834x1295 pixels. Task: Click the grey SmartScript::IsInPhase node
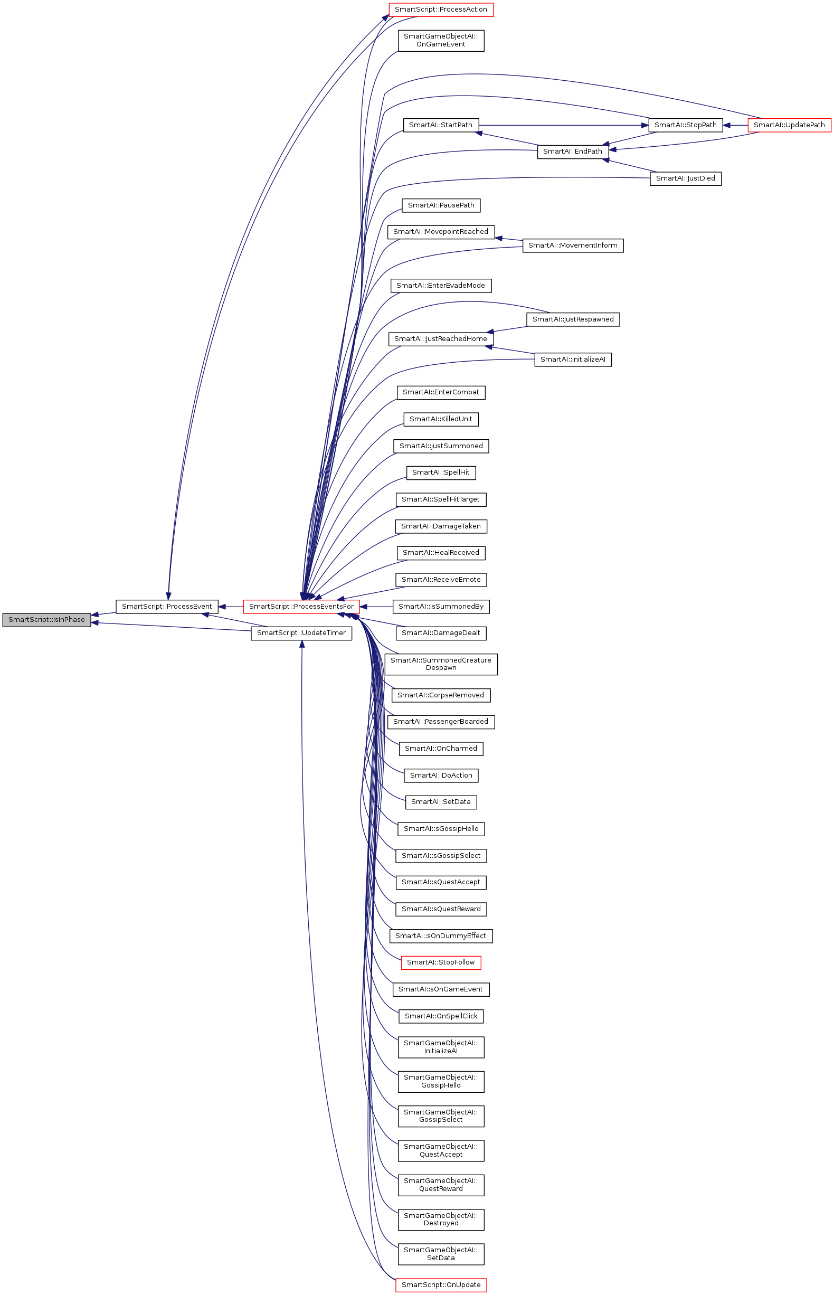[46, 620]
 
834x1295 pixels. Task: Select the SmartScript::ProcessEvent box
[167, 606]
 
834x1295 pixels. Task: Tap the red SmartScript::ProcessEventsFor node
[301, 606]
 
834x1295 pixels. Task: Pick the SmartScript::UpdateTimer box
[301, 632]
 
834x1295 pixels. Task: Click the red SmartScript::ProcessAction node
[441, 9]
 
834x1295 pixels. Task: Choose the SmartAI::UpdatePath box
[789, 125]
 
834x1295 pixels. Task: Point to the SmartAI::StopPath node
[685, 125]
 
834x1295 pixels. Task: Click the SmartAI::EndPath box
[572, 151]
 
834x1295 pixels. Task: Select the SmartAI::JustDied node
[685, 178]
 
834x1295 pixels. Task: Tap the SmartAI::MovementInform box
[572, 245]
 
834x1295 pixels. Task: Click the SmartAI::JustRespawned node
[573, 319]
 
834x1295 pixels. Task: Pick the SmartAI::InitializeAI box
[573, 359]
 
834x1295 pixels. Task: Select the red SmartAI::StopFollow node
[441, 962]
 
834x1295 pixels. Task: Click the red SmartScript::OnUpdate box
[441, 1285]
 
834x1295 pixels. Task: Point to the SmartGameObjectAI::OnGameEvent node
[441, 40]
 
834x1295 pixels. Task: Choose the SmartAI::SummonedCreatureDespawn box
[441, 664]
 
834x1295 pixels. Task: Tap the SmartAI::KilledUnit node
[441, 419]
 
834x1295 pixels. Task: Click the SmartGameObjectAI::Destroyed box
[441, 1219]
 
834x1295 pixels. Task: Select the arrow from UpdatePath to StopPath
[735, 125]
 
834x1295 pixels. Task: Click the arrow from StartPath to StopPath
[563, 125]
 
